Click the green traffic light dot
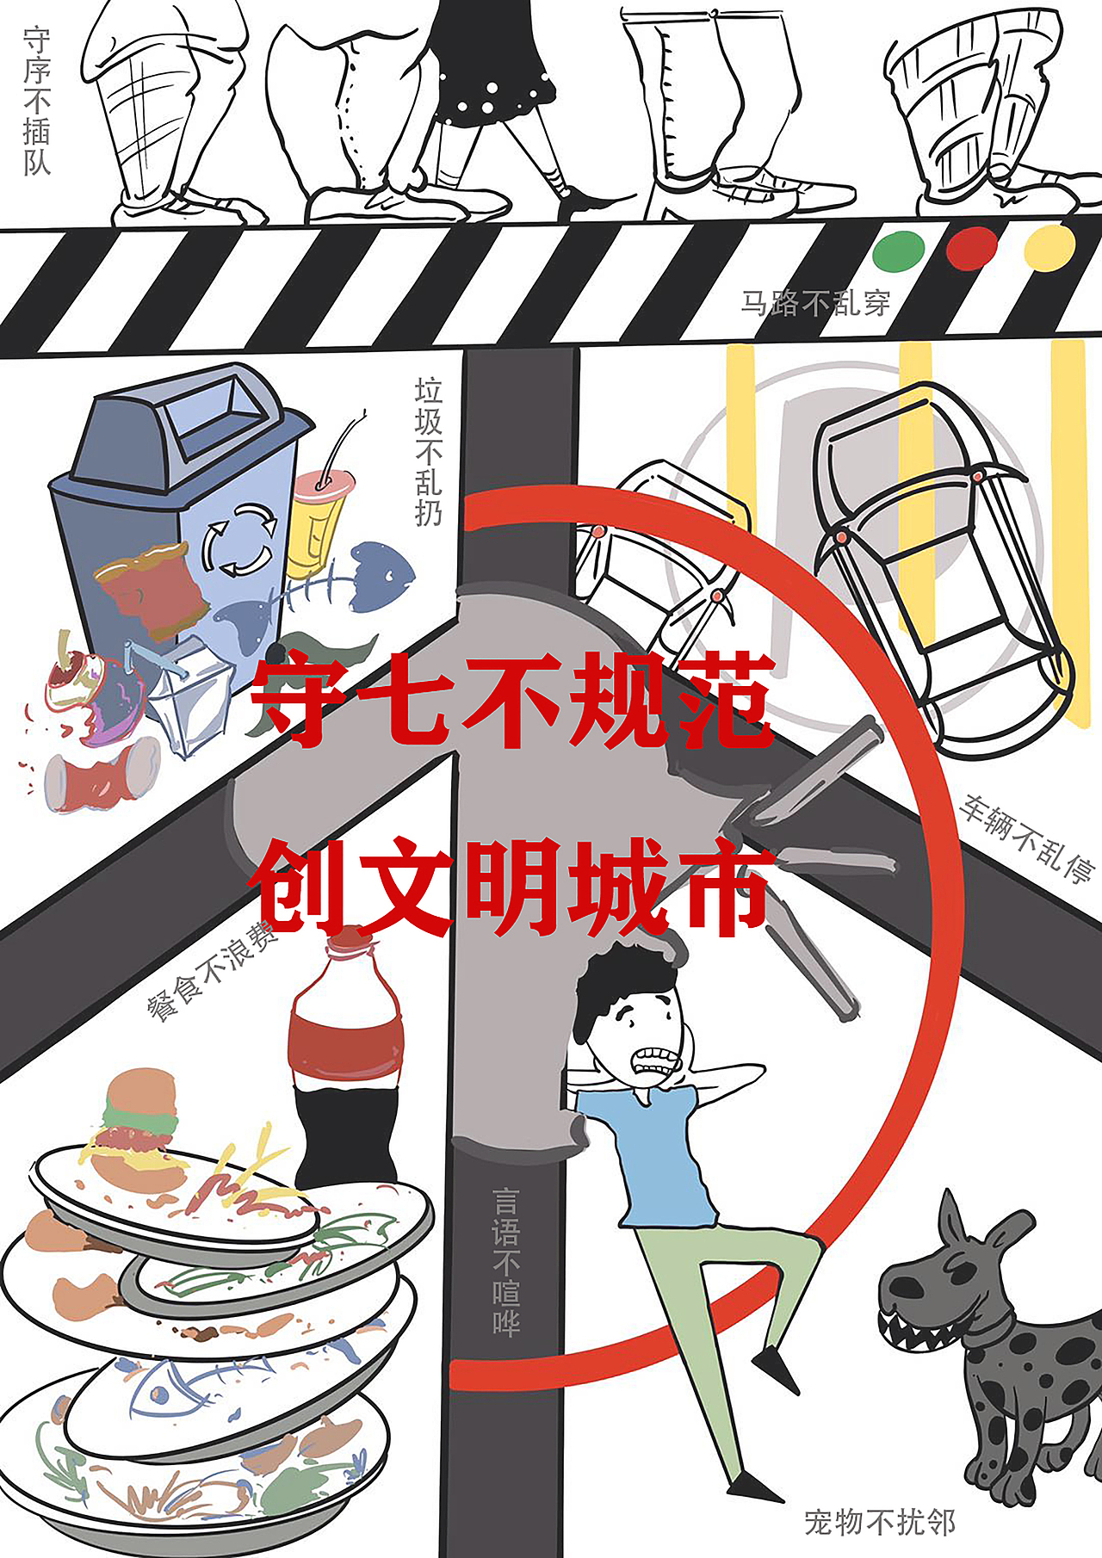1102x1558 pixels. pyautogui.click(x=899, y=251)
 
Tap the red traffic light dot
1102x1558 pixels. pyautogui.click(x=971, y=248)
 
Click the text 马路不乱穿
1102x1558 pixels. pyautogui.click(x=815, y=304)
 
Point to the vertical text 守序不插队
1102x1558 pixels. pyautogui.click(x=37, y=102)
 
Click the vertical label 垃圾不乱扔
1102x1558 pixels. pyautogui.click(x=429, y=452)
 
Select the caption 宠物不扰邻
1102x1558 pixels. pyautogui.click(x=880, y=1522)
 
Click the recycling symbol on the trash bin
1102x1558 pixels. pyautogui.click(x=240, y=540)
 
